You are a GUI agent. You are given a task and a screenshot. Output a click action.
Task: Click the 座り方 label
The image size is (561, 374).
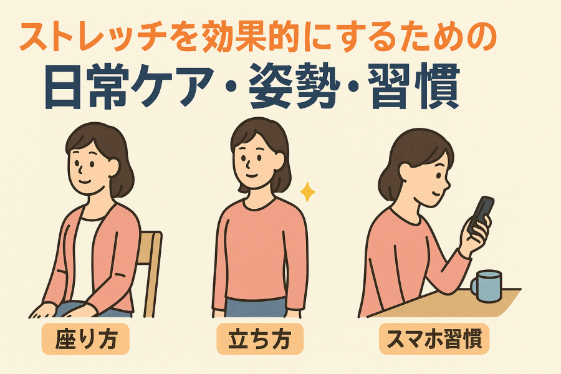tap(85, 338)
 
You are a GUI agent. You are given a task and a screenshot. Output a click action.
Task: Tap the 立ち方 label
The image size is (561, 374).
tap(260, 338)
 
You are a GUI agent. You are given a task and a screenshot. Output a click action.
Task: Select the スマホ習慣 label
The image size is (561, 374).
tap(434, 338)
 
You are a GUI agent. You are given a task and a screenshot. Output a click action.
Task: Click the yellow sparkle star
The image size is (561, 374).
tap(307, 192)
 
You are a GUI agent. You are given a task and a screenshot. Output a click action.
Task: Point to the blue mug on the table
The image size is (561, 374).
tap(487, 285)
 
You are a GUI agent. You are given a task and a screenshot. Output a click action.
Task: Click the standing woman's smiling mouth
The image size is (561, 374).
tap(252, 176)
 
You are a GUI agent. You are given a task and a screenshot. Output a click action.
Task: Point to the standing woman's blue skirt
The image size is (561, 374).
tap(256, 307)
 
